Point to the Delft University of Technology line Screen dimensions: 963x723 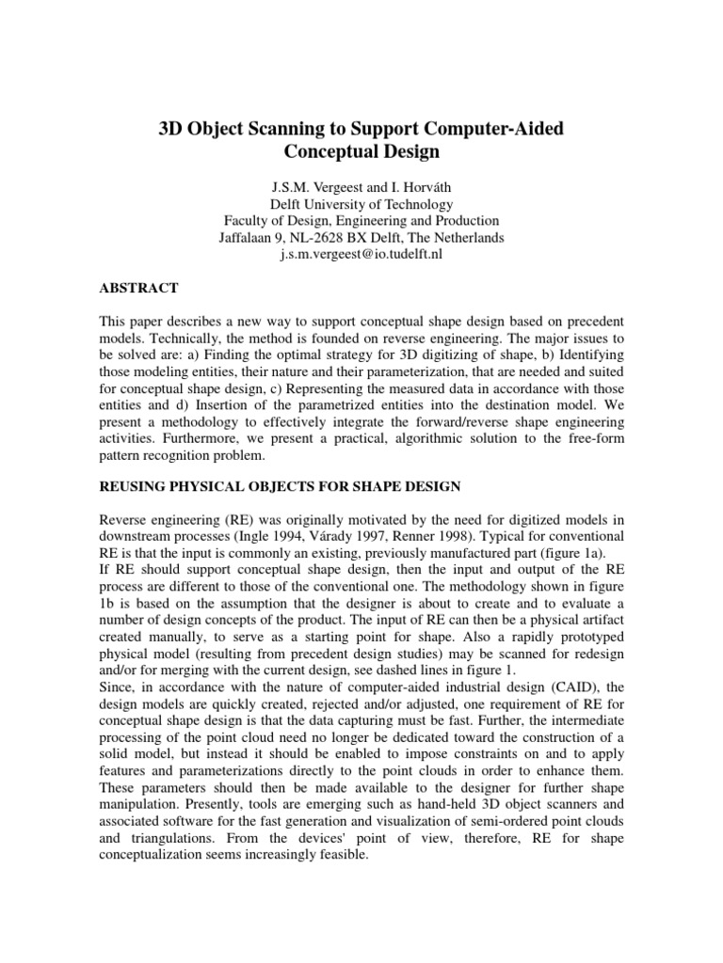361,204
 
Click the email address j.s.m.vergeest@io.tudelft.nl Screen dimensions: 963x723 361,255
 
